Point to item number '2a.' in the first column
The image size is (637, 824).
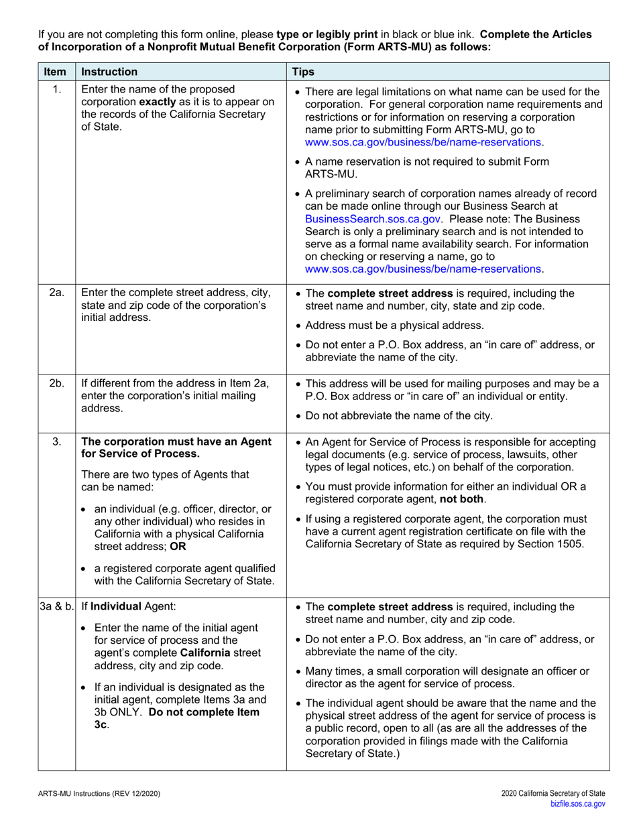coord(57,293)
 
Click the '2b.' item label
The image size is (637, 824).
coord(57,383)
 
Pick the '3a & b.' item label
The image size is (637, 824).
coord(56,607)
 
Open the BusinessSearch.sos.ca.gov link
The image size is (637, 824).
coord(373,218)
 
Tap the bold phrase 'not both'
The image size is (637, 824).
coord(462,499)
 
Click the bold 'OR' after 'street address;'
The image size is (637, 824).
coord(178,546)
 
